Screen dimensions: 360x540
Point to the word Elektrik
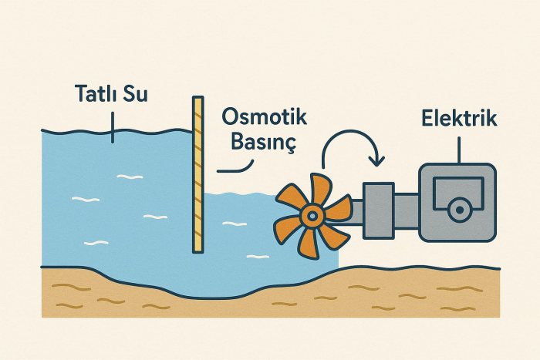(x=459, y=119)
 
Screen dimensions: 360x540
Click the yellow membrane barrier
(x=198, y=173)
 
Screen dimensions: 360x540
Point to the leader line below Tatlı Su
(x=113, y=125)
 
